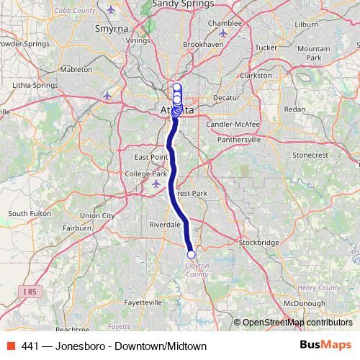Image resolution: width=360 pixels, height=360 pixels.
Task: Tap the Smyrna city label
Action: pos(111,30)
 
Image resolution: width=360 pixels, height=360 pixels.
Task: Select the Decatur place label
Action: pos(225,97)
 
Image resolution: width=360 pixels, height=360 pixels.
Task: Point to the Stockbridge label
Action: pos(258,243)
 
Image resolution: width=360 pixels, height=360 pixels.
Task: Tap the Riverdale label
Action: pos(164,225)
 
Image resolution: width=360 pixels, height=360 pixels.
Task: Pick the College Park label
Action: pos(145,174)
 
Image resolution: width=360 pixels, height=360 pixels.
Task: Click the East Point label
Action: pos(150,156)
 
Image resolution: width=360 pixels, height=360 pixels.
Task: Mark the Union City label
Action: pos(97,215)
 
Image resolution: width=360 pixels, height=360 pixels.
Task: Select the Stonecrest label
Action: pos(309,155)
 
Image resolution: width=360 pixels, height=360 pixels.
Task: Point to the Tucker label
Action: pos(266,48)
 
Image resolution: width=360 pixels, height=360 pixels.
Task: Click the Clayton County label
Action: pos(197,270)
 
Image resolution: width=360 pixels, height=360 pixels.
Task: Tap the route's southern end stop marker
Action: pos(191,254)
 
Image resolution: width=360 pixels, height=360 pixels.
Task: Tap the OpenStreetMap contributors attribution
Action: pos(297,322)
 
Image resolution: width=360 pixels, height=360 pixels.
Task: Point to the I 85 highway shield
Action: pos(29,292)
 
